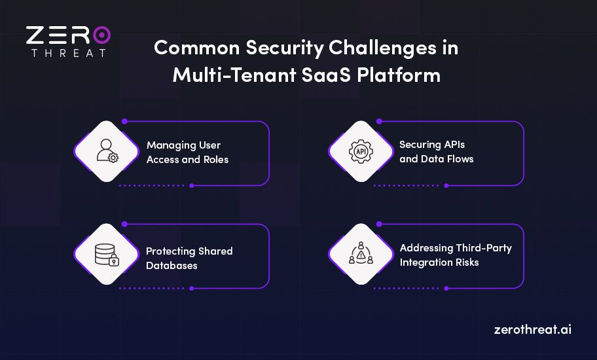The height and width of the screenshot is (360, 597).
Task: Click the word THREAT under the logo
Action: (x=68, y=53)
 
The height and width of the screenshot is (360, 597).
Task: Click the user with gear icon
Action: (x=107, y=151)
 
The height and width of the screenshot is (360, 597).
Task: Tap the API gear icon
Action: (x=360, y=151)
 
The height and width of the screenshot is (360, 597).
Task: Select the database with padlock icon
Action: (x=106, y=254)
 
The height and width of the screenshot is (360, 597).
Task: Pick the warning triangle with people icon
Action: (x=360, y=254)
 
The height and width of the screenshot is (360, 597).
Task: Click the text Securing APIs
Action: (x=432, y=145)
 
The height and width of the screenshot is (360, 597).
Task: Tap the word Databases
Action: (x=172, y=266)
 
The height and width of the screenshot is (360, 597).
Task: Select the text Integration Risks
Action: (x=439, y=262)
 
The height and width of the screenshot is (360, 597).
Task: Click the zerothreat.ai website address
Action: (x=532, y=329)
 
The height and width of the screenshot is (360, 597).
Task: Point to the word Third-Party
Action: (x=482, y=248)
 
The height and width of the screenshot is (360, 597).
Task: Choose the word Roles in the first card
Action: (x=213, y=159)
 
